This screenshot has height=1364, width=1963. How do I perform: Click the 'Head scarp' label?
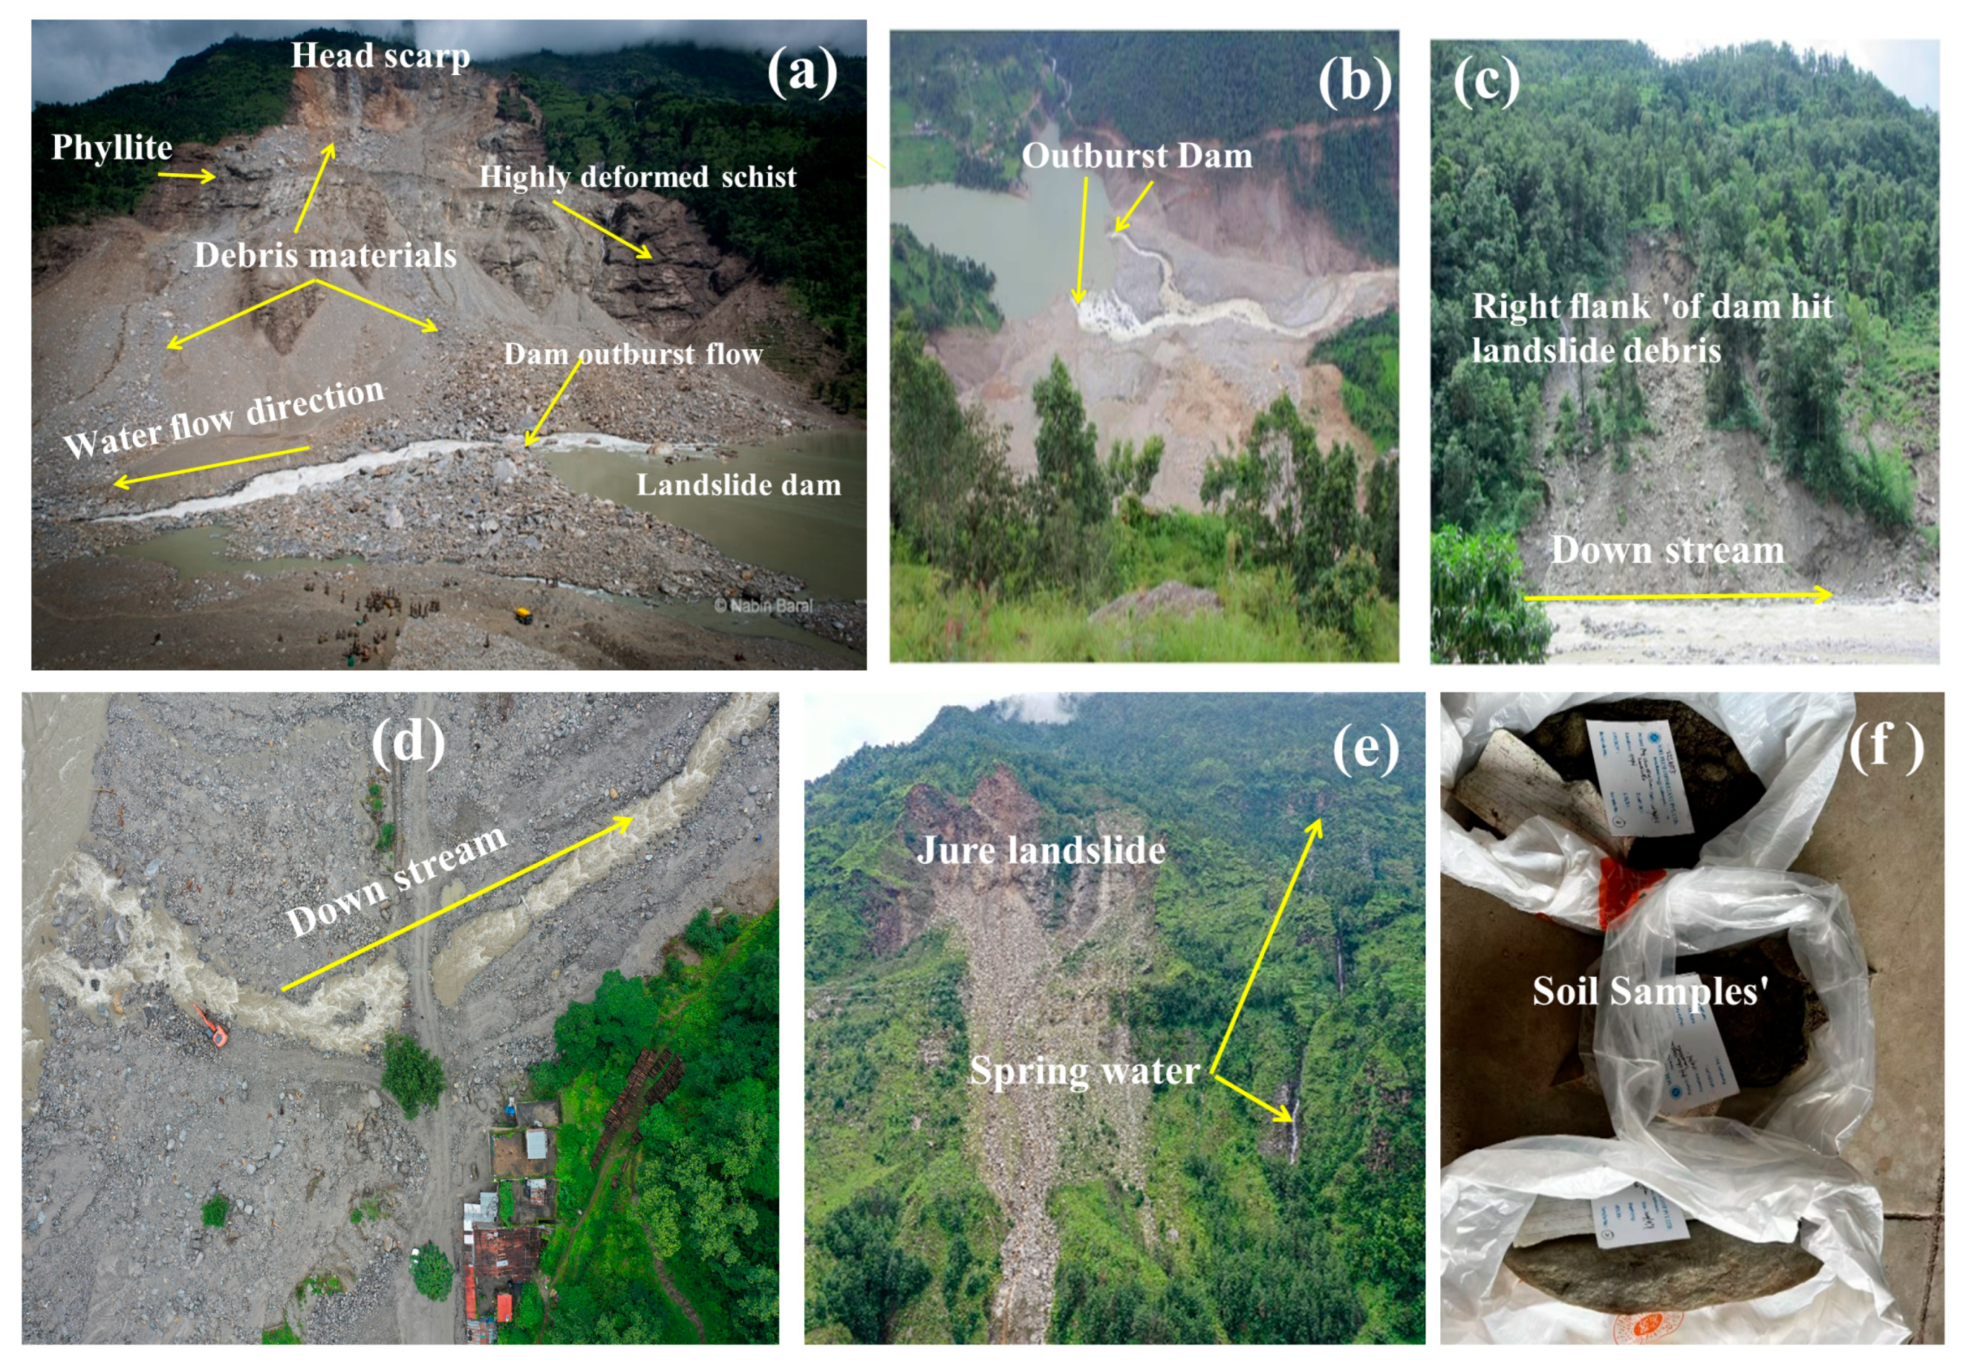tap(380, 56)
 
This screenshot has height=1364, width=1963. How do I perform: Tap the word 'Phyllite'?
tap(111, 147)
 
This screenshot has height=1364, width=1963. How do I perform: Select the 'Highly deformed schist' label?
tap(637, 177)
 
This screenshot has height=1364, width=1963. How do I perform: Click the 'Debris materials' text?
tap(325, 255)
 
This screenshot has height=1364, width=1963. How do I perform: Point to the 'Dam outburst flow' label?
tap(632, 354)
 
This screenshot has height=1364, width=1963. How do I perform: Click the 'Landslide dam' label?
tap(739, 486)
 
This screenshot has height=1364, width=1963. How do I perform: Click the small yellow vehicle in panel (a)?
tap(523, 613)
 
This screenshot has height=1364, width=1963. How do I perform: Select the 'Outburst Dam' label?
tap(1137, 156)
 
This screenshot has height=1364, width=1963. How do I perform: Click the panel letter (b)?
tap(1354, 83)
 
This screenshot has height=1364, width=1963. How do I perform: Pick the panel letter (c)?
tap(1486, 83)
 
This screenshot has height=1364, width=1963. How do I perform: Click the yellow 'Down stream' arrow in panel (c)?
tap(1676, 595)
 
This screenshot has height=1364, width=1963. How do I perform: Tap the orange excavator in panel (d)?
tap(212, 1026)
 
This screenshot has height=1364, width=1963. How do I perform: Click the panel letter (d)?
tap(408, 742)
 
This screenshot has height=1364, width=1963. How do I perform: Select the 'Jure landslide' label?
tap(1040, 850)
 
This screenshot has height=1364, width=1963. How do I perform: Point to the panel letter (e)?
tap(1365, 748)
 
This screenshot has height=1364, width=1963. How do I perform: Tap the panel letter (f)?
tap(1885, 746)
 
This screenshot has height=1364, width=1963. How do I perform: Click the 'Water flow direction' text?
tap(224, 418)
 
